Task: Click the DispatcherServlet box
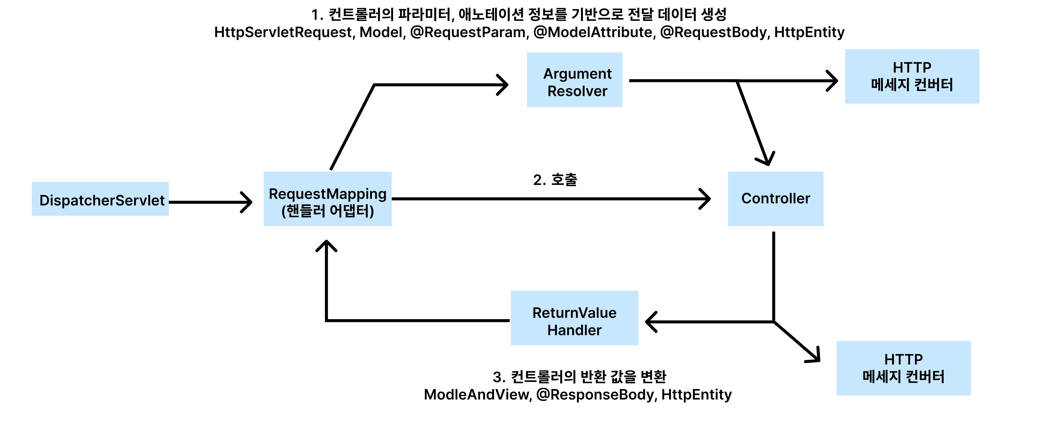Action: [100, 199]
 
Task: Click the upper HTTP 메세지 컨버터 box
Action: [912, 76]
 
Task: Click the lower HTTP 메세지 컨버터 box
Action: [903, 368]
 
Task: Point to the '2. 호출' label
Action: [555, 180]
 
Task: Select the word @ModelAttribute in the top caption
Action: [593, 32]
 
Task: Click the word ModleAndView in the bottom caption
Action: [477, 395]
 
